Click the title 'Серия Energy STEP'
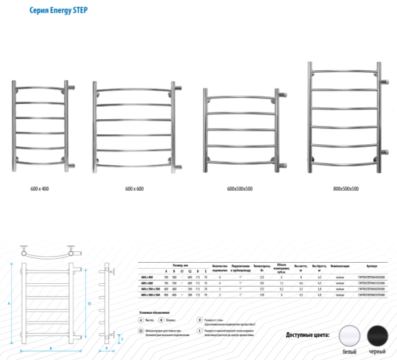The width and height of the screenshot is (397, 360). click(58, 11)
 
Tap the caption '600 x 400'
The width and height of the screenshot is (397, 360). click(40, 189)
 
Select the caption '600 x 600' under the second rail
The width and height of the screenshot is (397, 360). click(134, 189)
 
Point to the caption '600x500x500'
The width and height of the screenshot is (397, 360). click(240, 189)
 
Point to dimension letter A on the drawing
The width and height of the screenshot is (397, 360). click(10, 302)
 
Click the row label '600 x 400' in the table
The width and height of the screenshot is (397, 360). click(147, 277)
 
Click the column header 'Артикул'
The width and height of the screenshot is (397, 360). click(371, 264)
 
